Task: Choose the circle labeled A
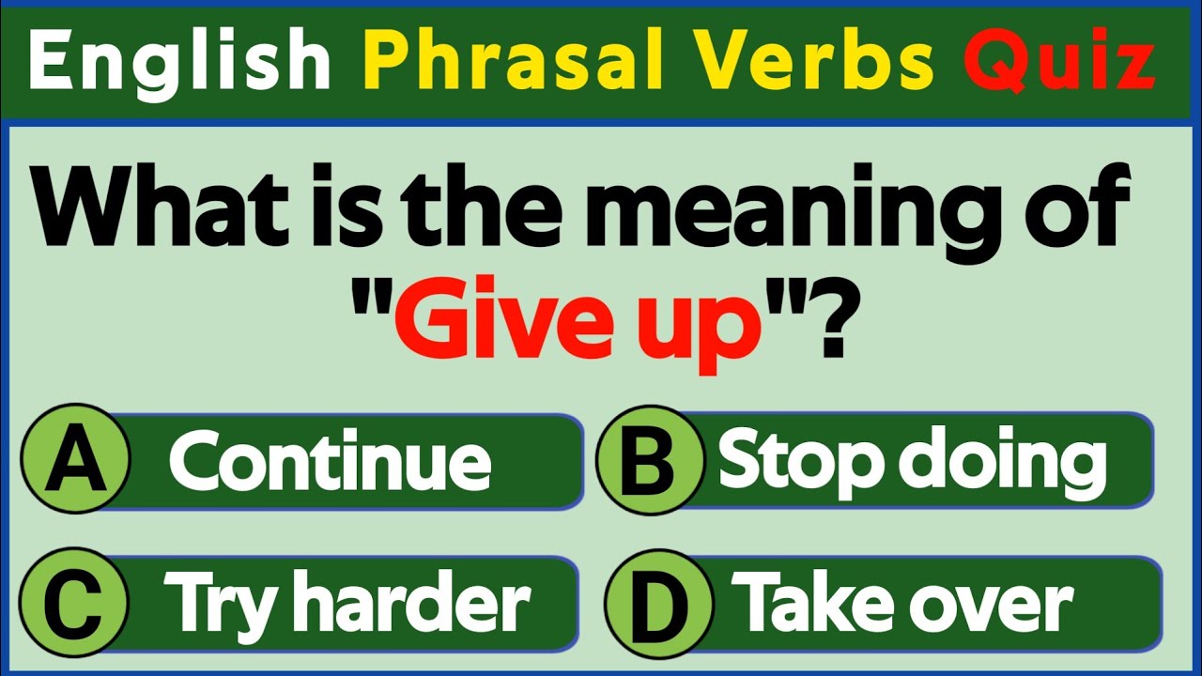(x=76, y=461)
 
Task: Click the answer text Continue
(x=331, y=461)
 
